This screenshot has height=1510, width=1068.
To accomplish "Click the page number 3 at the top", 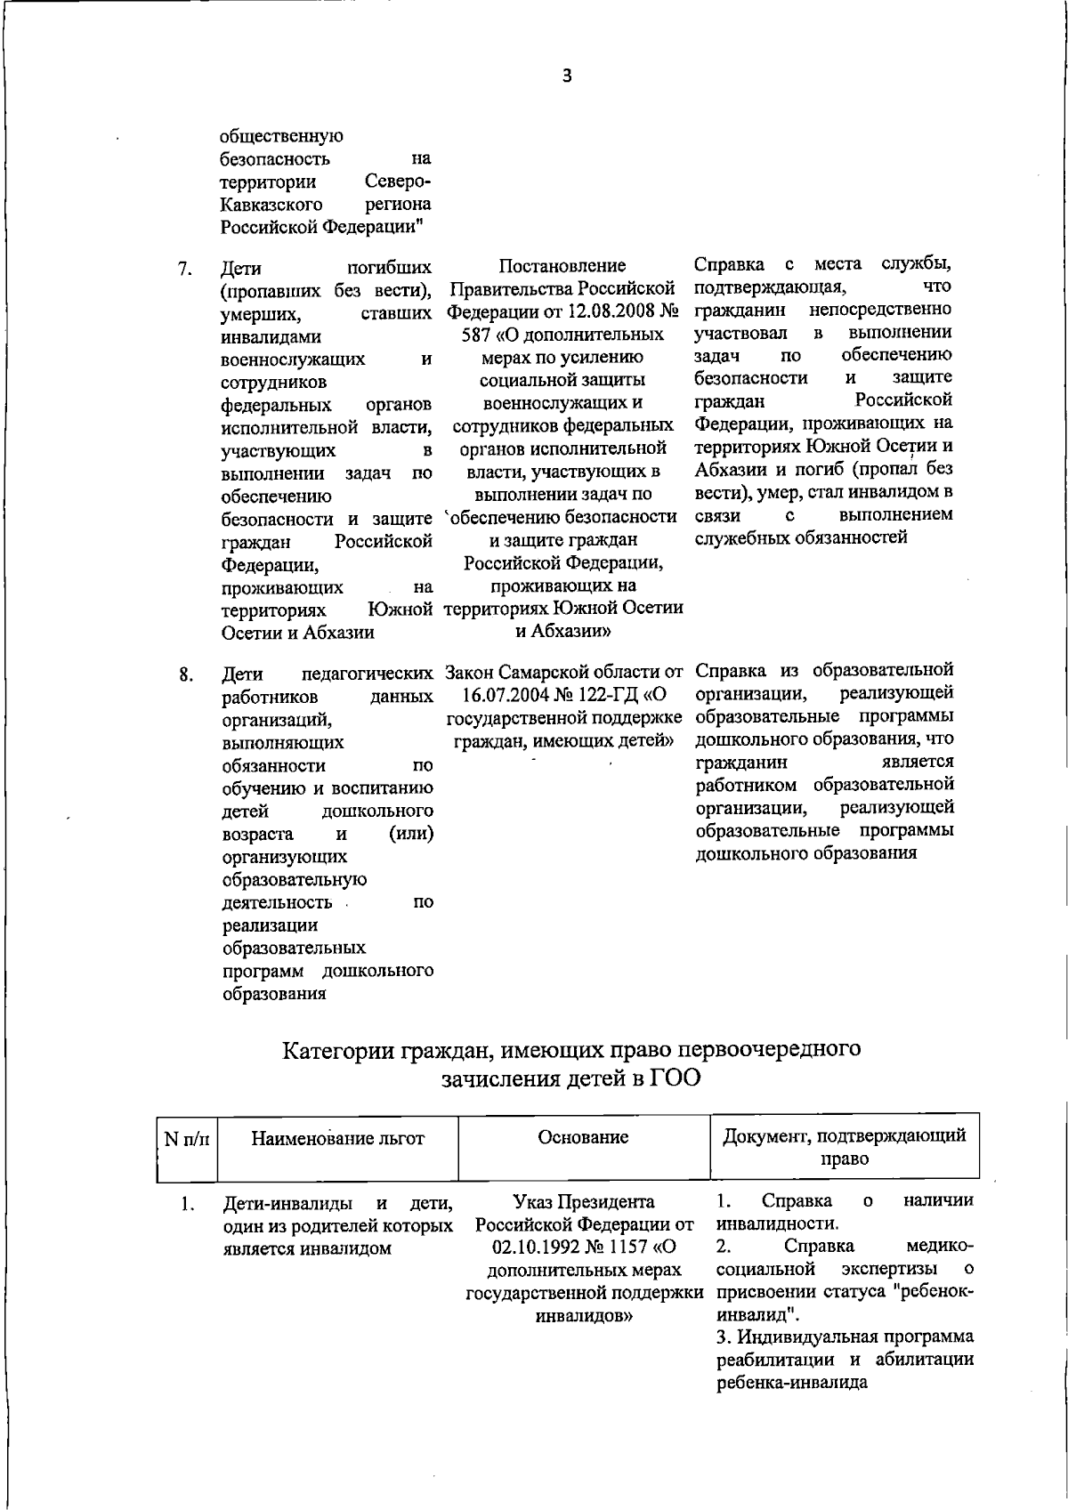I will tap(567, 77).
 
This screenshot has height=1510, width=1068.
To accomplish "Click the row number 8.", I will tap(185, 674).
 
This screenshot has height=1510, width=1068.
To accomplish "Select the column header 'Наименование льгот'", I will tap(338, 1137).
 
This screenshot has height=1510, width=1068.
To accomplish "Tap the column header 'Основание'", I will tap(583, 1136).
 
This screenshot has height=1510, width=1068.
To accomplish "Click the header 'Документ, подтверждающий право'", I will tap(844, 1147).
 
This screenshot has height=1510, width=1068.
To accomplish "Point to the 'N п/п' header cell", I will tap(187, 1138).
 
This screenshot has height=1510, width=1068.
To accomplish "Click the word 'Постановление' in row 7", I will tap(562, 266).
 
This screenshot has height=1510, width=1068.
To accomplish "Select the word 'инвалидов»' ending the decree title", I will tap(583, 1317).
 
